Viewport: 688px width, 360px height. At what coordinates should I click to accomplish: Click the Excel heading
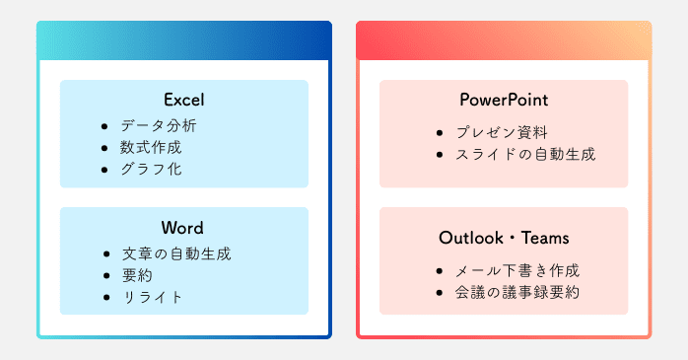click(183, 100)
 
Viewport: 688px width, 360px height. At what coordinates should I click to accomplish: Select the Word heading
click(183, 228)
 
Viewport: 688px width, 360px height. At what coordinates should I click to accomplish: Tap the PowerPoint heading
click(503, 100)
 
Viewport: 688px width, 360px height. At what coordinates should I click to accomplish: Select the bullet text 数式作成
click(151, 147)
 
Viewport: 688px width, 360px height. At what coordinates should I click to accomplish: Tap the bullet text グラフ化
click(151, 169)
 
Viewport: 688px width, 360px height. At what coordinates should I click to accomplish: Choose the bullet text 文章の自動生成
click(175, 253)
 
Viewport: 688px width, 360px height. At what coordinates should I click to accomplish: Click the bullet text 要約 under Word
click(136, 275)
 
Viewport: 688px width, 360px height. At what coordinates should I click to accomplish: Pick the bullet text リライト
click(151, 297)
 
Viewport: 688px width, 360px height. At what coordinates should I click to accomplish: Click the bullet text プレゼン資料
click(502, 132)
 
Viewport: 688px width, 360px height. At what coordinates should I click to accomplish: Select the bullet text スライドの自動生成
click(525, 154)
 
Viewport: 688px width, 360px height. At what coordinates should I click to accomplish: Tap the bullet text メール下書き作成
click(517, 270)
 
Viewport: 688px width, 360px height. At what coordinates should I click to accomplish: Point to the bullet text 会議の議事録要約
click(517, 292)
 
